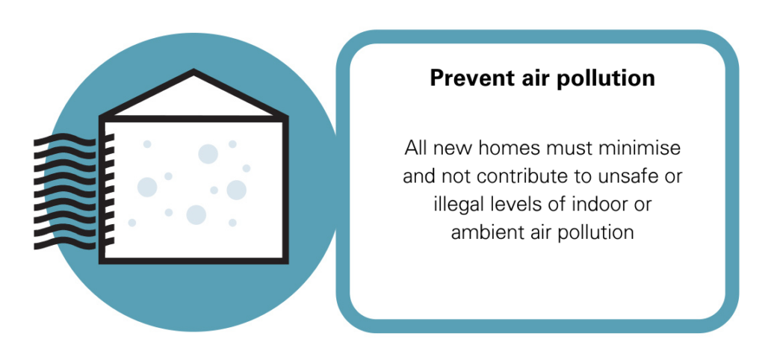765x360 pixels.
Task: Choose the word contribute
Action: point(525,176)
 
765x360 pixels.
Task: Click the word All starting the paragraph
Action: point(415,148)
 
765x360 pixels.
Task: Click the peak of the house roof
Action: point(193,72)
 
